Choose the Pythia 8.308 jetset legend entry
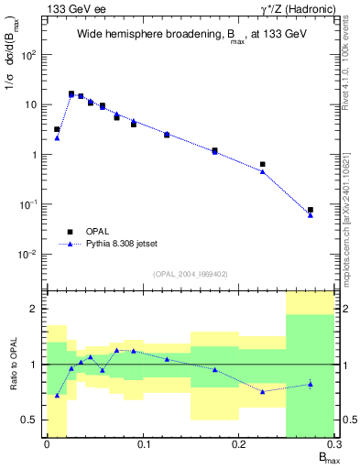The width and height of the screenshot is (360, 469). pyautogui.click(x=119, y=245)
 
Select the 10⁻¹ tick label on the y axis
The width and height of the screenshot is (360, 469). pyautogui.click(x=30, y=204)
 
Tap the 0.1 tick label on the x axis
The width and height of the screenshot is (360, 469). pyautogui.click(x=142, y=444)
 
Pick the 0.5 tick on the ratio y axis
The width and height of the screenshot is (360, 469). pyautogui.click(x=33, y=420)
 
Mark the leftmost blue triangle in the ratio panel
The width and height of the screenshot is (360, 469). pyautogui.click(x=57, y=396)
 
